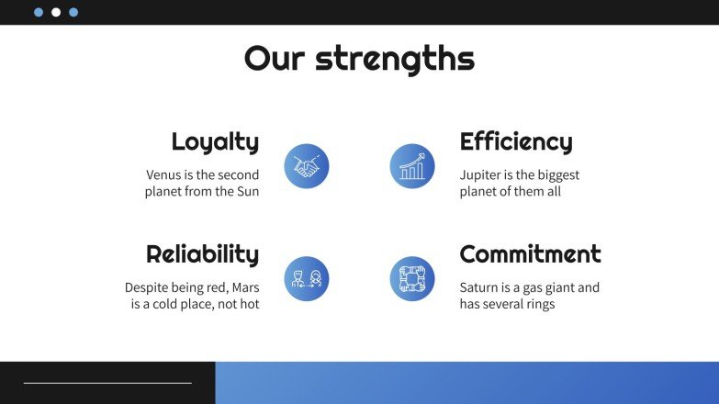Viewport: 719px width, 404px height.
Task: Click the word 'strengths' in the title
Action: (x=395, y=60)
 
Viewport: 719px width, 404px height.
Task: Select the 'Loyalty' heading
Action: (x=215, y=142)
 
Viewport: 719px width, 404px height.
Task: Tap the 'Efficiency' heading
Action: (x=515, y=142)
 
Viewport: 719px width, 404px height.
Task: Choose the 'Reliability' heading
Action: (x=202, y=254)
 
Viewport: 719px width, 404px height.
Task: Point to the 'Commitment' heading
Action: (x=530, y=254)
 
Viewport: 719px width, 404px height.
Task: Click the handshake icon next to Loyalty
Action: (x=307, y=166)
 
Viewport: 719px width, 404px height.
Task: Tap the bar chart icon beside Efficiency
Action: (x=412, y=166)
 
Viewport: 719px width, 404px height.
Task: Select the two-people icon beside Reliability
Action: (x=307, y=278)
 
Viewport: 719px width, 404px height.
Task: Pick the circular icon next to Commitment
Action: (x=412, y=278)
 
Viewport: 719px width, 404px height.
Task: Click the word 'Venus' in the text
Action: (x=164, y=174)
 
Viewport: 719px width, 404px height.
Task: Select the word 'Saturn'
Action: (x=480, y=287)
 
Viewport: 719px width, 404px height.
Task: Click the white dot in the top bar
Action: (x=56, y=13)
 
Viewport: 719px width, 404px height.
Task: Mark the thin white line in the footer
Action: (x=107, y=383)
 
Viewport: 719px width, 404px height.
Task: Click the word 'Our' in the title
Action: (x=274, y=60)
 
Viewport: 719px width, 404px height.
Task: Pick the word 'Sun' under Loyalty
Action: (x=247, y=192)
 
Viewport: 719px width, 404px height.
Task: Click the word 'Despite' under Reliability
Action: (x=148, y=287)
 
